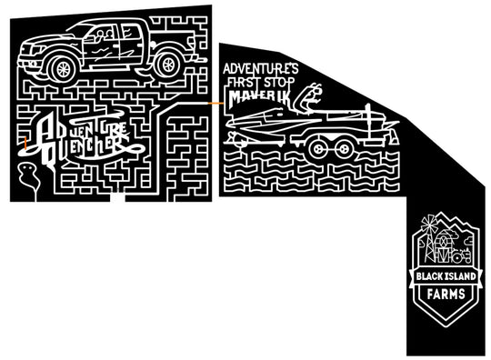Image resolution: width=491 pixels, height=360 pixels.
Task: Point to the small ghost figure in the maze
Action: [30, 175]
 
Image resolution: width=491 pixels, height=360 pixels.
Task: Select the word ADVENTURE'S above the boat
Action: [261, 68]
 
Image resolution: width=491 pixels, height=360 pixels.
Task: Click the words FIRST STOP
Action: [259, 81]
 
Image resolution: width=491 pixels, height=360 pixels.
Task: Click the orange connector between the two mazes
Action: [215, 103]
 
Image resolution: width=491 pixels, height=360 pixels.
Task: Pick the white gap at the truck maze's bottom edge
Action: [115, 195]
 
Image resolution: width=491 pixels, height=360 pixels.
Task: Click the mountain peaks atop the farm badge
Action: [444, 220]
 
